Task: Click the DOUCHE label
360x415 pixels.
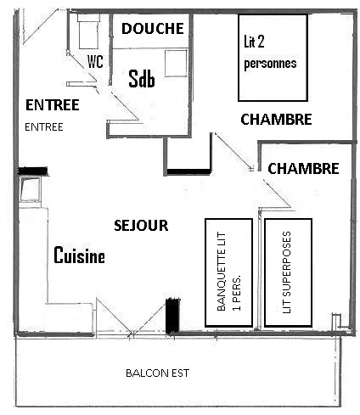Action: point(153,29)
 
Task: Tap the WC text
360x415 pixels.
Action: point(95,61)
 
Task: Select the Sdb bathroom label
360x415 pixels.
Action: point(142,78)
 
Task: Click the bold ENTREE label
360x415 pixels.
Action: point(53,105)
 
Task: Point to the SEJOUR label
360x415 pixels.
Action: point(141,226)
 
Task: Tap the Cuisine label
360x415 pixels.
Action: point(79,255)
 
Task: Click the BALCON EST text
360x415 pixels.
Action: point(157,373)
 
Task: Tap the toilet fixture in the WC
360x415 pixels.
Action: point(88,32)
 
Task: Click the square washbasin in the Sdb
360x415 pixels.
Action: point(176,63)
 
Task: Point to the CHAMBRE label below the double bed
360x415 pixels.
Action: point(276,119)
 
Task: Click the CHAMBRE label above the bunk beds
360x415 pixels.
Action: point(303,169)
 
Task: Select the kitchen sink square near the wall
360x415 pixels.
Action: point(30,189)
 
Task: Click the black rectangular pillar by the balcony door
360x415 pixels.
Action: point(172,316)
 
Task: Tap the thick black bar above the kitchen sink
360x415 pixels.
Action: point(32,171)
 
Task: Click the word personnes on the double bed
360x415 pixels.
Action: point(270,64)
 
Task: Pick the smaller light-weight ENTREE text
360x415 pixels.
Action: point(44,127)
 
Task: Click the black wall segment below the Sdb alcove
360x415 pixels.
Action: point(188,171)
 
